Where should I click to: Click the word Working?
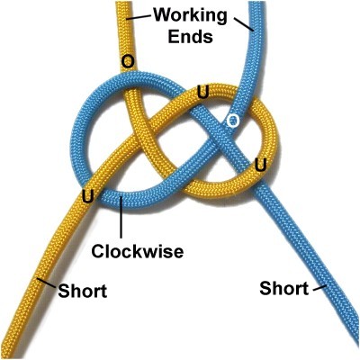[x=190, y=15]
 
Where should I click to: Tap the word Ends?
[x=191, y=37]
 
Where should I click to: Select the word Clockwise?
[x=138, y=251]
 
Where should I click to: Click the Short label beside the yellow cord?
[x=83, y=291]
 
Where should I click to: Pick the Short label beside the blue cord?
[x=283, y=288]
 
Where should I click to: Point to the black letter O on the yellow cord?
[x=128, y=62]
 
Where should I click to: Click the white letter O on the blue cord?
[x=233, y=121]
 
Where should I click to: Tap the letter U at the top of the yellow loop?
[x=202, y=92]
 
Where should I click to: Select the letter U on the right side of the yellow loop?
[x=260, y=165]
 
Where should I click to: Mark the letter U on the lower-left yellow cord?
[x=87, y=197]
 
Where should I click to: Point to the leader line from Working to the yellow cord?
[x=139, y=17]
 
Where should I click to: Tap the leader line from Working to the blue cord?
[x=244, y=24]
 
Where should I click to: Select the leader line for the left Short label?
[x=47, y=283]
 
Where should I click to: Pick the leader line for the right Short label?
[x=319, y=288]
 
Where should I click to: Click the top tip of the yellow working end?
[x=123, y=2]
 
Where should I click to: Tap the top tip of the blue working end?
[x=257, y=2]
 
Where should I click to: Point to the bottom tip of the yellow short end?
[x=6, y=357]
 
